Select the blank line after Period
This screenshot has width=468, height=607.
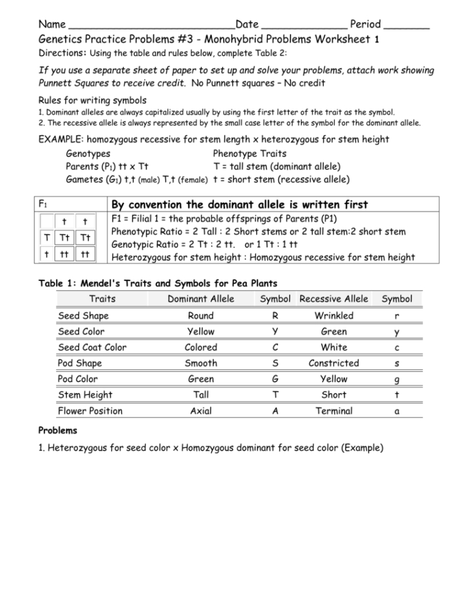point(407,26)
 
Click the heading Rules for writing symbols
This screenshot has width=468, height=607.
point(92,100)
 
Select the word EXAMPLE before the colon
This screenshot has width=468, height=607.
point(61,139)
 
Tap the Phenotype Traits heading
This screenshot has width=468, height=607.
point(249,153)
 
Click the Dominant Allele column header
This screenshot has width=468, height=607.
point(201,298)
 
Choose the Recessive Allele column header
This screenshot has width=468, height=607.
point(334,298)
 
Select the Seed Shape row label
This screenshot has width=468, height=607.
point(83,315)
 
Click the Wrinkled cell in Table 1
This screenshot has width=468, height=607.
point(334,315)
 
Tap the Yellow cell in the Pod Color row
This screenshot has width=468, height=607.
point(334,379)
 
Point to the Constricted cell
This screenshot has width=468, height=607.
point(334,363)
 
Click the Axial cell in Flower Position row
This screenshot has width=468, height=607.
point(201,411)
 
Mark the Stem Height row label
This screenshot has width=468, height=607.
point(85,395)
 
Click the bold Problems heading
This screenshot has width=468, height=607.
point(57,431)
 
